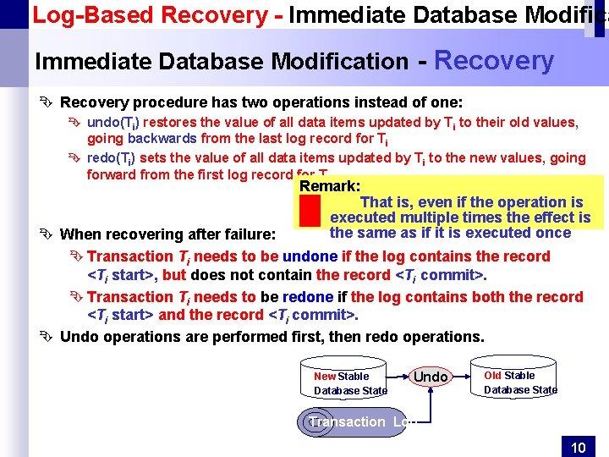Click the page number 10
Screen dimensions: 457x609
(579, 447)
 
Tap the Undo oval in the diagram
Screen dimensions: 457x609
(431, 376)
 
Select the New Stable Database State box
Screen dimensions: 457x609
(350, 383)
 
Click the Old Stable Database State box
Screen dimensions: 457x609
(520, 383)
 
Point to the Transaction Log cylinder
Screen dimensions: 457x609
(352, 421)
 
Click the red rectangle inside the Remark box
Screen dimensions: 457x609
(310, 217)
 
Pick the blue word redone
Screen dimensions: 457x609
(309, 297)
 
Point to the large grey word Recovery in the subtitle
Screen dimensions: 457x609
(493, 60)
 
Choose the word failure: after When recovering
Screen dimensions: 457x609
(246, 234)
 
